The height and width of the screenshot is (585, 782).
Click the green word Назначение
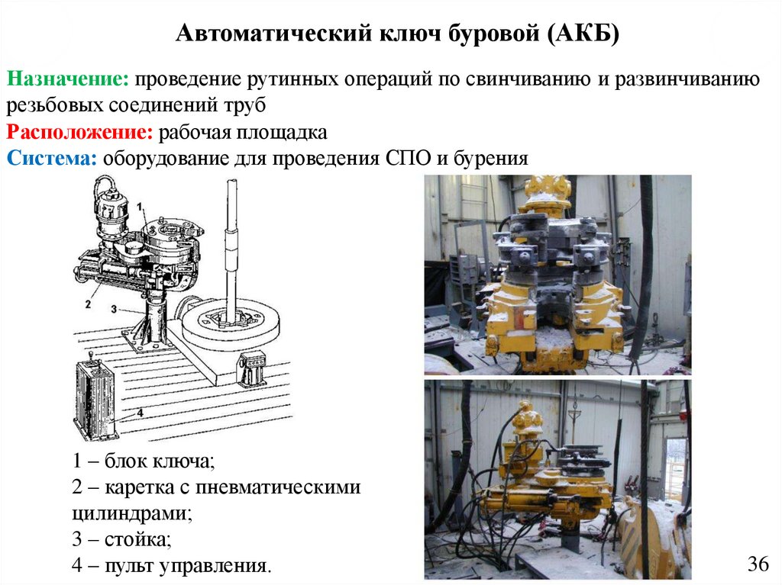coord(68,79)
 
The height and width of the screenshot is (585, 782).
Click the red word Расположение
coord(79,132)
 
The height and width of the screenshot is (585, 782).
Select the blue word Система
coord(51,159)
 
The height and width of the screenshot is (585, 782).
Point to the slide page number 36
coord(758,564)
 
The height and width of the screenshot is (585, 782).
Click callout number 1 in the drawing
coord(141,206)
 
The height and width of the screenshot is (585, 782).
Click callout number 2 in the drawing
coord(88,304)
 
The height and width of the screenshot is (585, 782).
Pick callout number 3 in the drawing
coord(115,309)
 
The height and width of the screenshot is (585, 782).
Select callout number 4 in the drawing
coord(141,413)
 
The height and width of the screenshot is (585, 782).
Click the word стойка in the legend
coord(137,539)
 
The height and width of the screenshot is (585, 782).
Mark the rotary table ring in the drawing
coord(231,325)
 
